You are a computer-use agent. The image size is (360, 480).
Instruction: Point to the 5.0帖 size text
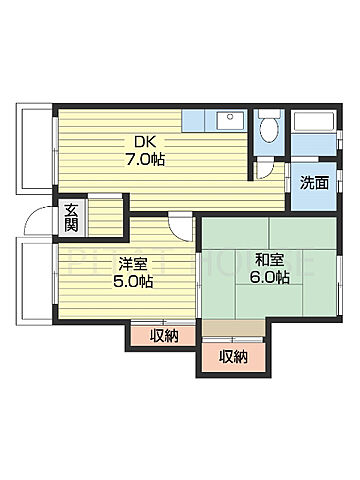[x=132, y=282]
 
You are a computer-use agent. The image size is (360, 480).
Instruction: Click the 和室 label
[x=255, y=260]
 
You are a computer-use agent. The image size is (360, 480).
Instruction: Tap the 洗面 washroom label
[x=312, y=183]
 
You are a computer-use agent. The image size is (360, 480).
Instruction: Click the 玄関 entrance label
[x=72, y=218]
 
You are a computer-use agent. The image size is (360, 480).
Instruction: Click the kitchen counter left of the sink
[x=198, y=120]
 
